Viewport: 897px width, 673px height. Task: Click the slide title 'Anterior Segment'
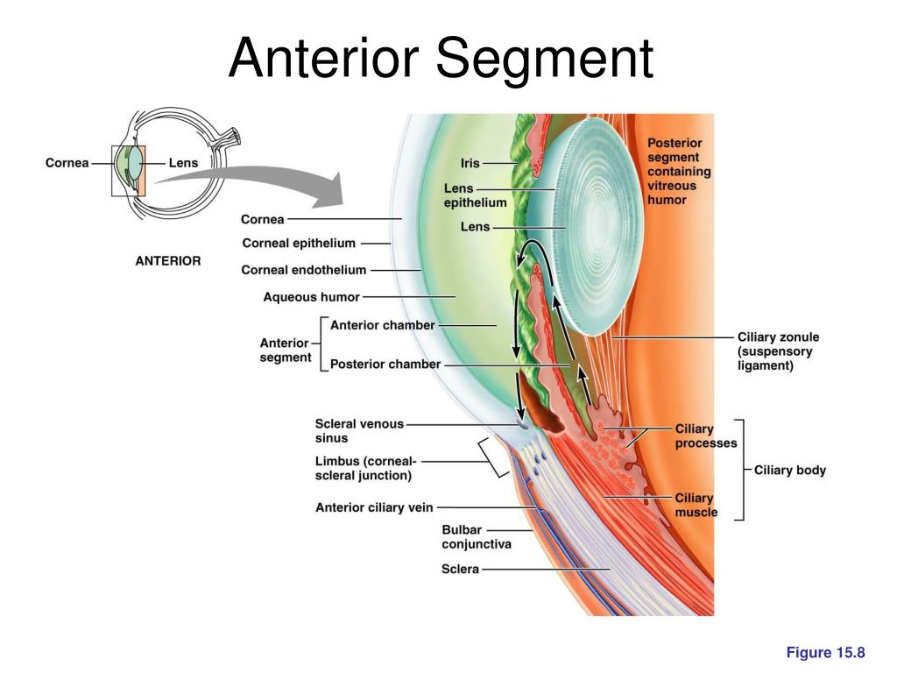click(441, 59)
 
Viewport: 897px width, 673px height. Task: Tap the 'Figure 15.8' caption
click(825, 652)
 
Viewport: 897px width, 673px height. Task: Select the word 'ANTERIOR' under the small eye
click(168, 261)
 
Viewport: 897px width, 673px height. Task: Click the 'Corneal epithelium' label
click(299, 244)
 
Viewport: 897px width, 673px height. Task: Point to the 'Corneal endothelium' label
click(304, 270)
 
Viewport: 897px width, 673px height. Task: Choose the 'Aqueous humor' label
click(311, 297)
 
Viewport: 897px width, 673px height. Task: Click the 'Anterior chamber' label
click(382, 325)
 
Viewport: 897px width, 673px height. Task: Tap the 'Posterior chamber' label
click(385, 364)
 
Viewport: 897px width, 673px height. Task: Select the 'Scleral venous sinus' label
click(359, 431)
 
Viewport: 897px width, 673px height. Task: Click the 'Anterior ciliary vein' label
click(374, 507)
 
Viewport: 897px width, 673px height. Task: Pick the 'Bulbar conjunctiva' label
click(476, 537)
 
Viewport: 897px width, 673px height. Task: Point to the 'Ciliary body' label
click(790, 471)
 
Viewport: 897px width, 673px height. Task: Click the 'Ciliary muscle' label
click(696, 506)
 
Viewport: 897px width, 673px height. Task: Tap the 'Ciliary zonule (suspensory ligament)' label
click(778, 351)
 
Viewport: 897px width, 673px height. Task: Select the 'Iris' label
click(470, 163)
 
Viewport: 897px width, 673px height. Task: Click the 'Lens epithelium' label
click(475, 195)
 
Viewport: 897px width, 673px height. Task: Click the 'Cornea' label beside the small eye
click(67, 163)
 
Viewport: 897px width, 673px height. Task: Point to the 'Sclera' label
click(460, 569)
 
